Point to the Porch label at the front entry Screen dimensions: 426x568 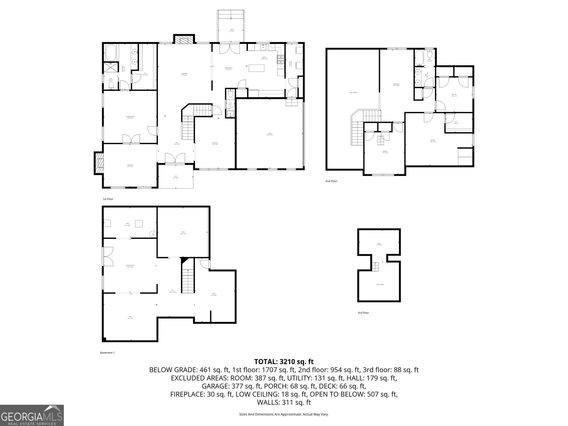pos(176,177)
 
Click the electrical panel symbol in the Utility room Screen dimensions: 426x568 pos(153,234)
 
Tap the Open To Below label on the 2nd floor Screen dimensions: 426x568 pos(353,92)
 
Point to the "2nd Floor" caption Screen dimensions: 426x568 pos(331,181)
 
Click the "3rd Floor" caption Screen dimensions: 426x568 pos(363,313)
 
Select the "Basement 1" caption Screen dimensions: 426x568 pos(107,353)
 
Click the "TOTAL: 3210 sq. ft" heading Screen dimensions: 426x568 pos(284,362)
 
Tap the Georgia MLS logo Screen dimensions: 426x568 pos(32,415)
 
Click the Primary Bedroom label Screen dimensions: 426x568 pos(130,116)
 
